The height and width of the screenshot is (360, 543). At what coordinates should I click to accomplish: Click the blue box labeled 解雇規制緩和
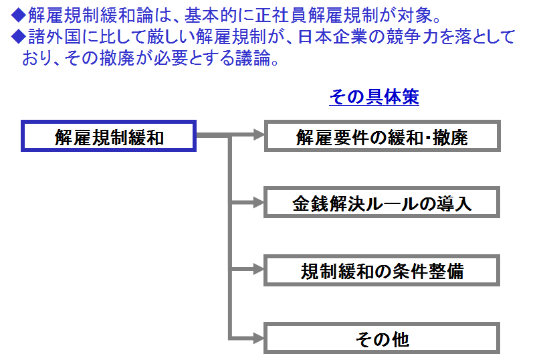[x=108, y=137]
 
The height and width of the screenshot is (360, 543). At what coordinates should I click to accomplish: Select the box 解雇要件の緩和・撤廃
[x=382, y=137]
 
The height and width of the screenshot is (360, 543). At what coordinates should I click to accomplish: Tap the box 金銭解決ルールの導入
[x=382, y=203]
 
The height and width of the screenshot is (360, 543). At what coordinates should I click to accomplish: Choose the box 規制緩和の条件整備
[x=382, y=271]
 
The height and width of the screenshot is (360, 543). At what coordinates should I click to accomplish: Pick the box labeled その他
[x=382, y=339]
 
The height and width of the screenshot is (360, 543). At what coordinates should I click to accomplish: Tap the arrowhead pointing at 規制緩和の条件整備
[x=259, y=270]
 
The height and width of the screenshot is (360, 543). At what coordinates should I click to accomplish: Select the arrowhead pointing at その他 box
[x=259, y=338]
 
